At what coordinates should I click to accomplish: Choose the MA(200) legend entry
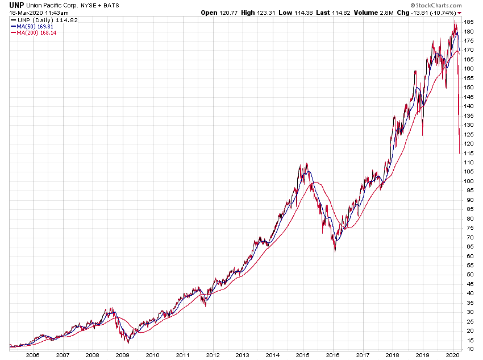tap(36, 32)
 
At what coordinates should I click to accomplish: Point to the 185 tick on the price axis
tap(469, 22)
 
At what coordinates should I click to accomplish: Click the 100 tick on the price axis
tap(469, 181)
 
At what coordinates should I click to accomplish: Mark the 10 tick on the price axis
tap(468, 349)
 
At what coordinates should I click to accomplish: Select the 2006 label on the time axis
tap(32, 355)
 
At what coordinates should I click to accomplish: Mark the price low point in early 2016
tap(335, 251)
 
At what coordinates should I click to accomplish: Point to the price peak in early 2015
tap(307, 164)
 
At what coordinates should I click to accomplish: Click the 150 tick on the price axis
tap(469, 87)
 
